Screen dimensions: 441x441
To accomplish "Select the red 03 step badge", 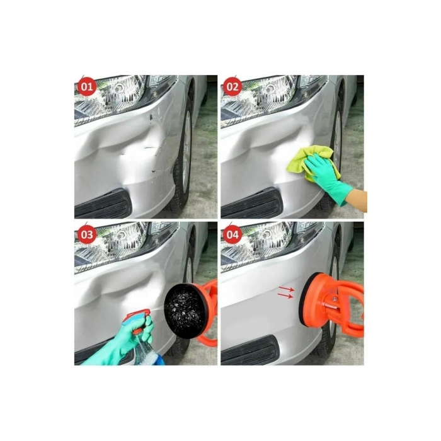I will tap(86, 234).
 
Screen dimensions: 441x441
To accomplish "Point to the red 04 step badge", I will tap(232, 234).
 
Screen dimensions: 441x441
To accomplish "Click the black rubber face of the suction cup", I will tap(183, 305).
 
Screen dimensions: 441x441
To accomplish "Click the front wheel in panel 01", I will tap(185, 151).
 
